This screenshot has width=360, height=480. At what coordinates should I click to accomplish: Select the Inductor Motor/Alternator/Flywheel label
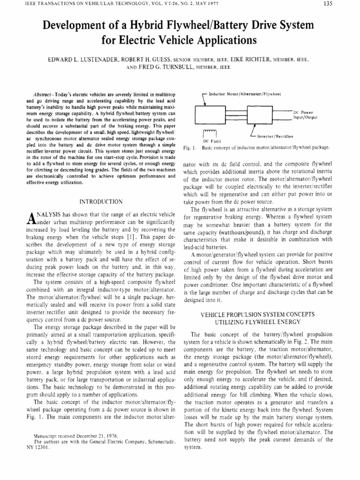coord(244,94)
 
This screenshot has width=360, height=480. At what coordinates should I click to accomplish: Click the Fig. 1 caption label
coord(189,147)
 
